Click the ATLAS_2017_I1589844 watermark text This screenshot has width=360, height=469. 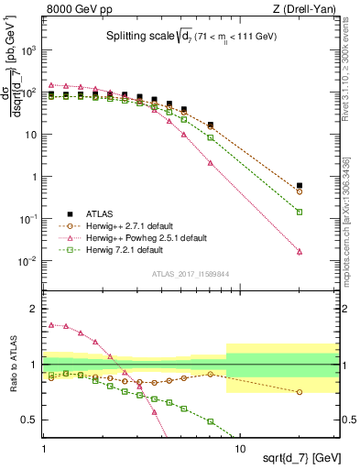point(191,272)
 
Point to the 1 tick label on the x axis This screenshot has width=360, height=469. point(45,448)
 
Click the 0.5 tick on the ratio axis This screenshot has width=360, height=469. point(32,420)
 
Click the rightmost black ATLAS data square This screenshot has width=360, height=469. point(325,186)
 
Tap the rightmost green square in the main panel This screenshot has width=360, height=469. point(325,212)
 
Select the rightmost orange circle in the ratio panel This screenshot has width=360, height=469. point(325,392)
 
